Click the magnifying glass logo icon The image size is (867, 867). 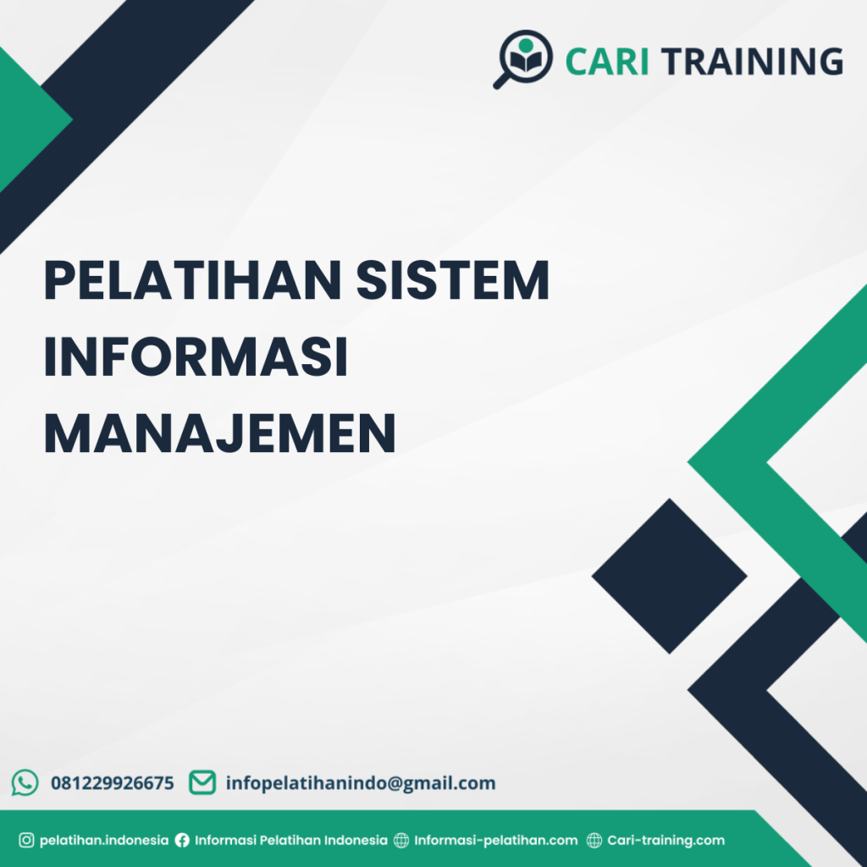[522, 58]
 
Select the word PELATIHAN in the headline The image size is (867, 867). [192, 281]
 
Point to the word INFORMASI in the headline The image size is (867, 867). [196, 357]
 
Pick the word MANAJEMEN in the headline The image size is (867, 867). [220, 432]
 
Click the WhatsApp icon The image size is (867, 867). [25, 782]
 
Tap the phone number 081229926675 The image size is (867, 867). [113, 783]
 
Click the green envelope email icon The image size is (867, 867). [202, 782]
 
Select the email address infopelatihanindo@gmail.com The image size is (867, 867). [361, 783]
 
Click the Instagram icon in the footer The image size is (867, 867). [26, 841]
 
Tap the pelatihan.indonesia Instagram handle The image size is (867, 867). [104, 841]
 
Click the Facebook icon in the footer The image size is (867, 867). [182, 841]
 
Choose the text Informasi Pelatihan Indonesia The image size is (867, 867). [291, 841]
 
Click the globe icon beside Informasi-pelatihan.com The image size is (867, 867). [401, 841]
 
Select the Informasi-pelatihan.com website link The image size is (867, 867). [496, 841]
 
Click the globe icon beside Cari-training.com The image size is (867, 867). [594, 841]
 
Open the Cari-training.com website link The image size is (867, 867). [666, 841]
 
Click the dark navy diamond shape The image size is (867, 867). [669, 576]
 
